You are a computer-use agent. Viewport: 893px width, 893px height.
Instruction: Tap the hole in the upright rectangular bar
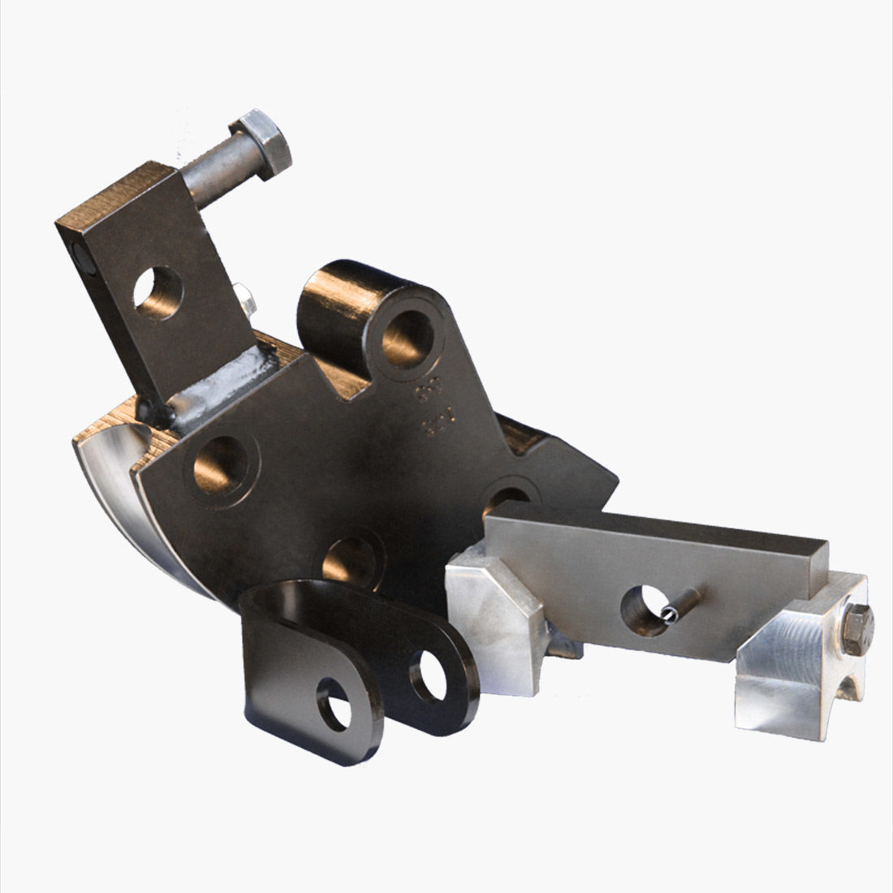click(x=158, y=292)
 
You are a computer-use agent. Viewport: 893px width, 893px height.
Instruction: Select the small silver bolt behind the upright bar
click(x=243, y=298)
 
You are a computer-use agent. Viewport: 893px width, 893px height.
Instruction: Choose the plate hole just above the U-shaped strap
click(x=351, y=555)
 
